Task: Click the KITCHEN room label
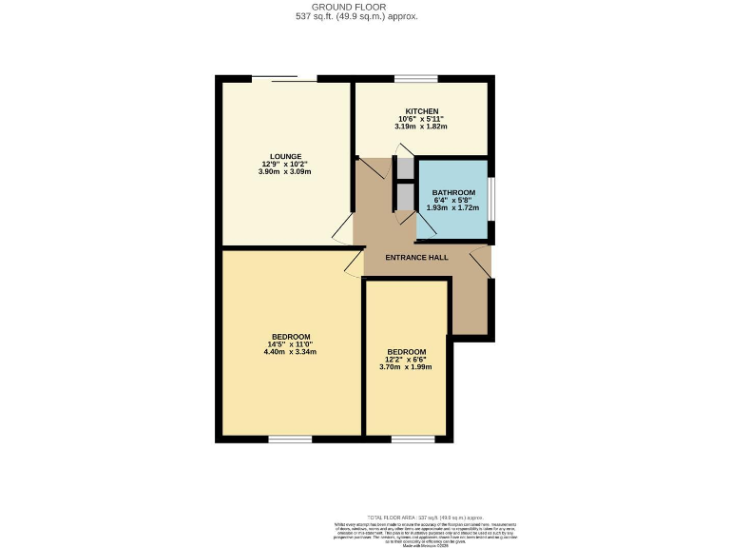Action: pos(421,111)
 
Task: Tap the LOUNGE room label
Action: pos(285,157)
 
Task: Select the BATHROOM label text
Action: pos(453,192)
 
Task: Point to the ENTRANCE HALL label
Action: pos(416,258)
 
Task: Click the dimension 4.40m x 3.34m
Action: pos(290,352)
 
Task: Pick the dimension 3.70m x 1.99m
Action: pos(406,367)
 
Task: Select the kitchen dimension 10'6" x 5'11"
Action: pos(421,119)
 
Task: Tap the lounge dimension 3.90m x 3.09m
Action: pos(285,172)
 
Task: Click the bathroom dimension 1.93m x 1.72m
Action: pos(453,207)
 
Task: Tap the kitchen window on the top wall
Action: pos(415,78)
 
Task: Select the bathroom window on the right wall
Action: pos(491,198)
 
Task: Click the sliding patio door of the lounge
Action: pos(283,79)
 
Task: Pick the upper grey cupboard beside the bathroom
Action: pos(406,168)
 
